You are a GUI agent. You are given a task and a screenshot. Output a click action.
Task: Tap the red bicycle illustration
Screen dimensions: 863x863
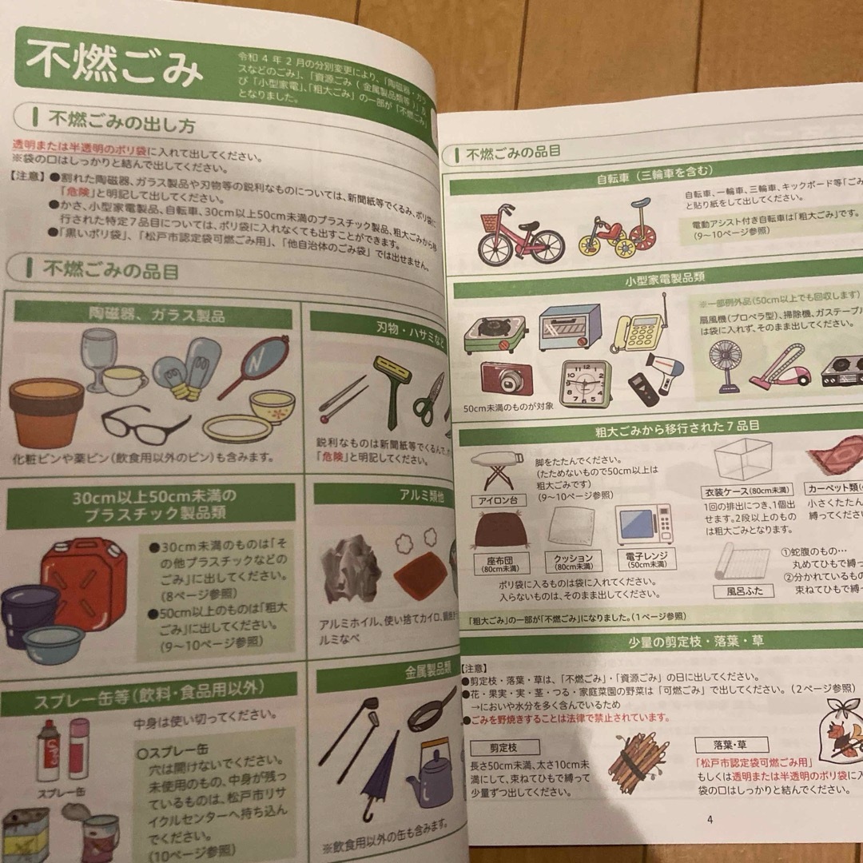(520, 233)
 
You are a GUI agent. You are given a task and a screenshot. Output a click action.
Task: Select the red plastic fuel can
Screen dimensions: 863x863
(85, 572)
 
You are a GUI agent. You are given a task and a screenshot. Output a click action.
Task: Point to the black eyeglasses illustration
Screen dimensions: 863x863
(145, 423)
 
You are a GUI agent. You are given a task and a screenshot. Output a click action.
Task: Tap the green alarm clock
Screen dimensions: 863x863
(586, 383)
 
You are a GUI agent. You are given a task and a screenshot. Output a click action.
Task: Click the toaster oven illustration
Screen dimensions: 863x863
(569, 327)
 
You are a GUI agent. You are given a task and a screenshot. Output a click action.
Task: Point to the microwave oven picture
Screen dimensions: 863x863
(643, 524)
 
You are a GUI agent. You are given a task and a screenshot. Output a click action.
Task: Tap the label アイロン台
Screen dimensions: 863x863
(497, 501)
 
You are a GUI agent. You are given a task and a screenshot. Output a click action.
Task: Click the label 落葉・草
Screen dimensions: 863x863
(731, 744)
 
